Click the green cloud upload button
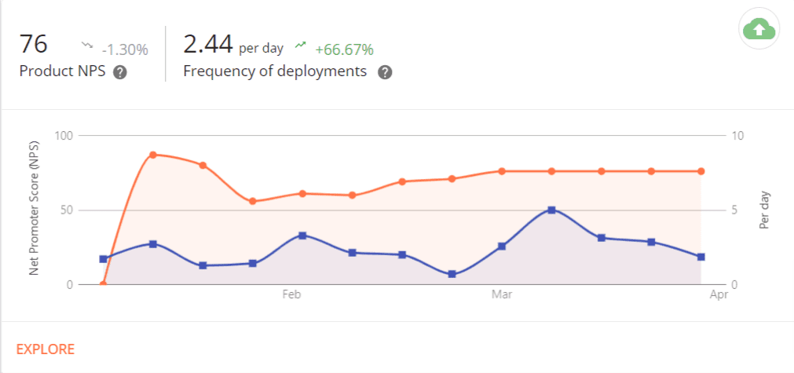[759, 30]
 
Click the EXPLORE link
[46, 349]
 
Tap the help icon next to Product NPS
[120, 72]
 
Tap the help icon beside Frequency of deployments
[385, 72]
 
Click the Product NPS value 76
[34, 44]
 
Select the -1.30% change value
[126, 49]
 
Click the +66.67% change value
[344, 49]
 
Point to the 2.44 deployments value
[207, 44]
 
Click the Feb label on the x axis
[291, 294]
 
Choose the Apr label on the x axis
[719, 294]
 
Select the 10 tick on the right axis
[737, 135]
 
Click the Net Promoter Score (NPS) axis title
[34, 210]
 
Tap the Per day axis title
[764, 210]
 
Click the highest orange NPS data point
[153, 155]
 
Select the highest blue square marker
[551, 210]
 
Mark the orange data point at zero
[103, 284]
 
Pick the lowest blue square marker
[452, 274]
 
